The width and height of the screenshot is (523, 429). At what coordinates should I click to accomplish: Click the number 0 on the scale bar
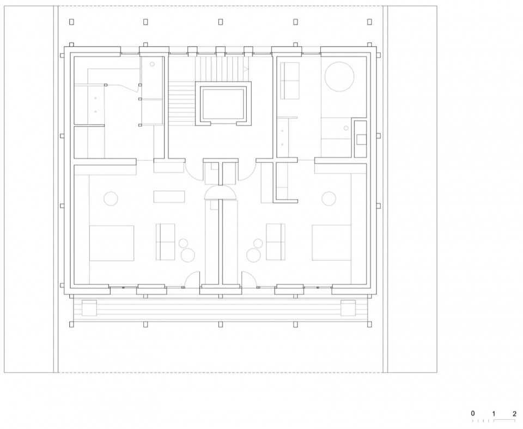point(473,413)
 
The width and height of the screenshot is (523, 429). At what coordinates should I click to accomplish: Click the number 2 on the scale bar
point(514,414)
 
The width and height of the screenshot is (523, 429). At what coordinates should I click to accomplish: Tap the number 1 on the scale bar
point(494,414)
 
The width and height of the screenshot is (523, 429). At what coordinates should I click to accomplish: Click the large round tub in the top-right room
point(339,76)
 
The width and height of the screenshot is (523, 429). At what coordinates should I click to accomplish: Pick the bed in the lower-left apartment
point(111,243)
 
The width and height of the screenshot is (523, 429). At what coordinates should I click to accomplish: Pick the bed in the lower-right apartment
point(332,243)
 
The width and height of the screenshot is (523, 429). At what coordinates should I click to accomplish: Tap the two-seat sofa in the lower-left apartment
point(166,242)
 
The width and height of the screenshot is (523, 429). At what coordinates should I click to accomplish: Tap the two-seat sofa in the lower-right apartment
point(276,241)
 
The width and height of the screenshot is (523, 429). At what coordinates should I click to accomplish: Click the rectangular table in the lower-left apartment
point(169,197)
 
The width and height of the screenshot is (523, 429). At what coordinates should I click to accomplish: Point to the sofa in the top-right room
point(289,81)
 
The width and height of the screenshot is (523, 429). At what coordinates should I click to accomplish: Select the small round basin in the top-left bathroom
point(152,64)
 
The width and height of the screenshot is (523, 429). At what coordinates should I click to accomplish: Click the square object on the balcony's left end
point(89,308)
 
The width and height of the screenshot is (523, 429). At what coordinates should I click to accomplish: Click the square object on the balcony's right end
point(348,308)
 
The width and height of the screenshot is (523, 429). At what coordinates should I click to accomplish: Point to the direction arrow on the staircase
point(246,69)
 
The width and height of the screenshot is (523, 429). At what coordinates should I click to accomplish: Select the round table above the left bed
point(111,198)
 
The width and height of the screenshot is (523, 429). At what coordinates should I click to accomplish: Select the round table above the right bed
point(329,198)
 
